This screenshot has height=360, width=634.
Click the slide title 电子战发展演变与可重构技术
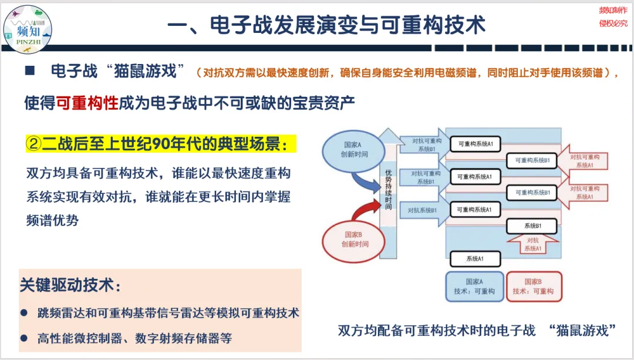tap(326, 25)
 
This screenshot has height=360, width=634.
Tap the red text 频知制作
tap(613, 11)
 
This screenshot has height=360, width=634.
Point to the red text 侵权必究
tap(613, 23)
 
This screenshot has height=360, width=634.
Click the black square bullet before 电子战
tap(30, 71)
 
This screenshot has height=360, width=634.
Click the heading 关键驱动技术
tap(70, 285)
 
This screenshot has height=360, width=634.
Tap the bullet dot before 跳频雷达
tap(25, 313)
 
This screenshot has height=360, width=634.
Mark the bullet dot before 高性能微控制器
tap(25, 338)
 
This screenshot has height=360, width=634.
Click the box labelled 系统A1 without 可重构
tap(474, 258)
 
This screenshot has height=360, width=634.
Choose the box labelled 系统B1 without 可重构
tap(532, 226)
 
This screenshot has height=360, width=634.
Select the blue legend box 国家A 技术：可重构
tap(474, 287)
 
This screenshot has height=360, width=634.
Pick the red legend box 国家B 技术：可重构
tap(533, 287)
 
